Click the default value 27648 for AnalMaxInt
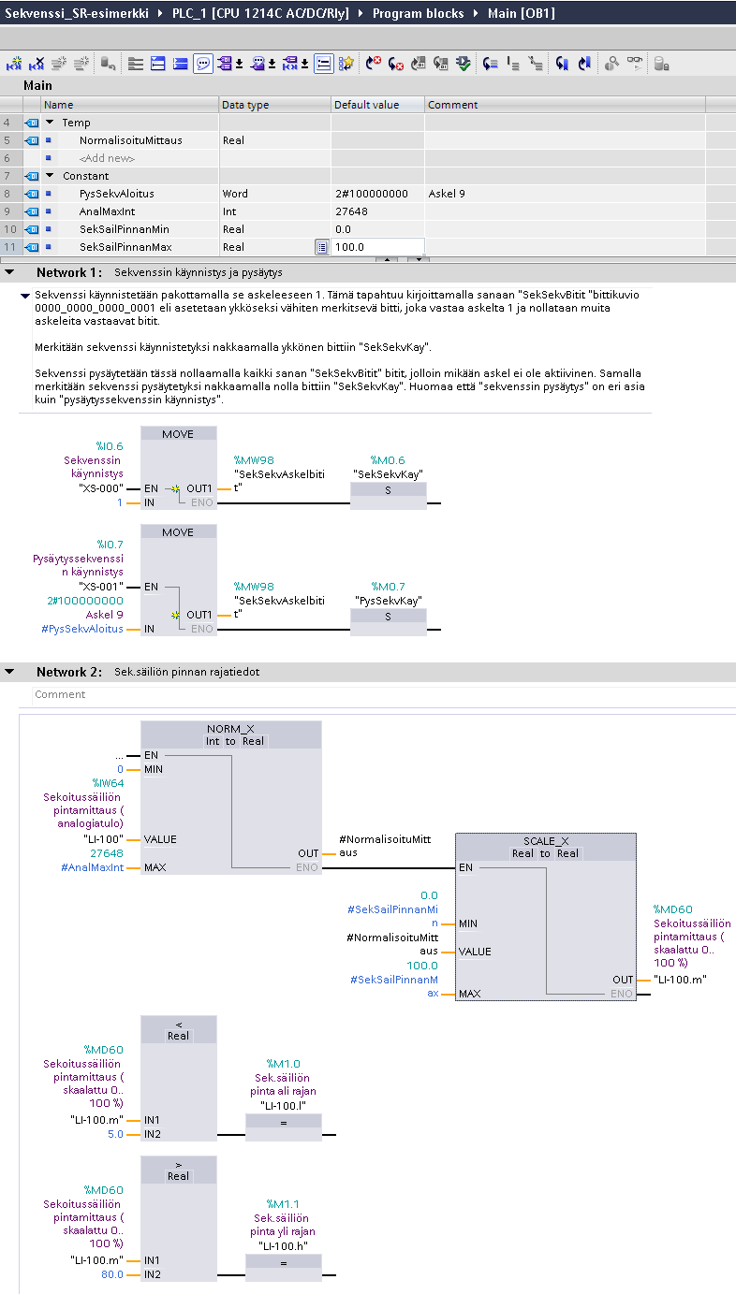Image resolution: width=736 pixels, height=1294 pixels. pos(351,211)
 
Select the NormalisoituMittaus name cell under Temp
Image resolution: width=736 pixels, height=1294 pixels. pos(131,140)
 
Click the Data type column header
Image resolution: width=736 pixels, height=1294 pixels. pos(245,105)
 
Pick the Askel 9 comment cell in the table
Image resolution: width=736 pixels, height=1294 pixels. pos(447,194)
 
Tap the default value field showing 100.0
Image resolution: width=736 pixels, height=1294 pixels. pos(377,247)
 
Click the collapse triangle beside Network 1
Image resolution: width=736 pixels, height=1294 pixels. pos(9,272)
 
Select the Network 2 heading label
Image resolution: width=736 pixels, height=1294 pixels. pos(68,672)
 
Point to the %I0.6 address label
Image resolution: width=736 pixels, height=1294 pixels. pos(110,446)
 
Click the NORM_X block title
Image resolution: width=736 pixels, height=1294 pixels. pos(230,729)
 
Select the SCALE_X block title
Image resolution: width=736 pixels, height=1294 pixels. pos(546,841)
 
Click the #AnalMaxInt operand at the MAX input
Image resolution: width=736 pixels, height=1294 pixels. pos(93,867)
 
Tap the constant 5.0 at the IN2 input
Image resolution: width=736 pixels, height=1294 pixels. pos(115,1134)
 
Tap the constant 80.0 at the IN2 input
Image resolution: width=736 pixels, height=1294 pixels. pos(112,1274)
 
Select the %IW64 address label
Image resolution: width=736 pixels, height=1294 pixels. pos(108,783)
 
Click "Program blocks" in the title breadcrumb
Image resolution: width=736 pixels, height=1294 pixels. pos(418,13)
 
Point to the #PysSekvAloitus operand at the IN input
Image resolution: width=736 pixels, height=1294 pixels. pos(82,629)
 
